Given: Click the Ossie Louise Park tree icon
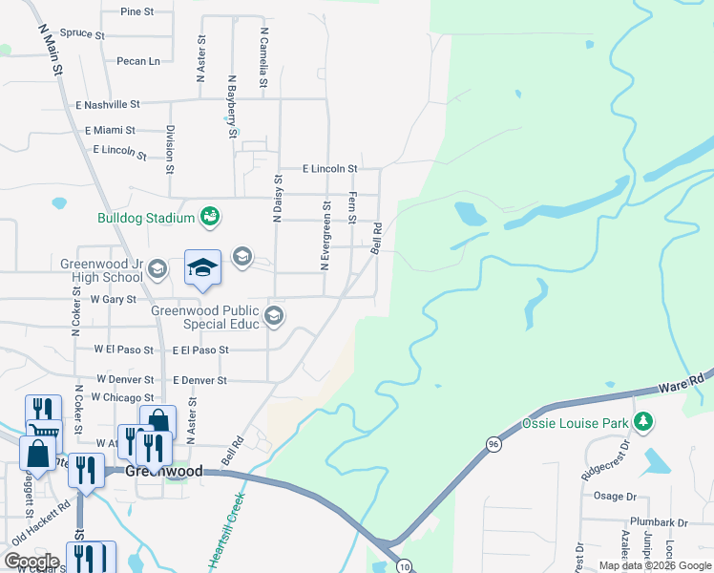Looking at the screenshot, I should point(644,421).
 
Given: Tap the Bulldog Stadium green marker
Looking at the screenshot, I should point(209,218).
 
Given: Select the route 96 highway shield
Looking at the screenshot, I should point(493,444).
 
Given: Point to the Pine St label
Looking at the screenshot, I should point(137,11).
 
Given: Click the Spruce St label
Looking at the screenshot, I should point(82,33).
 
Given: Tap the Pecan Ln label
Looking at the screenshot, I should point(138,61).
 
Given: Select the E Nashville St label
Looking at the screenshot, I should point(107,104).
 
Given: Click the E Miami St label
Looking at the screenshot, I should point(110,130).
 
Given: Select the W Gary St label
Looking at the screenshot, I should point(113,299).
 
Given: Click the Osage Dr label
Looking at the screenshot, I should point(615,497).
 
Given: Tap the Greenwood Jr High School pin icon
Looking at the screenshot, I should point(157,271).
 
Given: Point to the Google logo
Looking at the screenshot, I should point(31,561).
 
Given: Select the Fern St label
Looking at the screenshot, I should point(352,207).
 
